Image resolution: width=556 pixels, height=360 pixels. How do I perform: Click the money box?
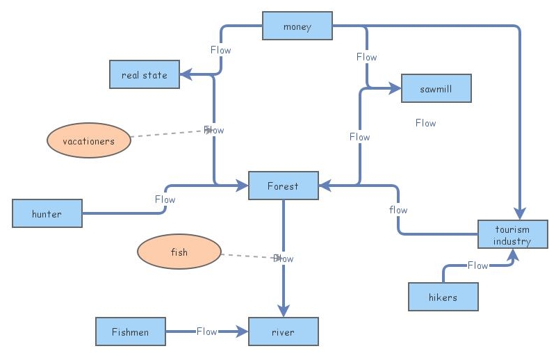(297, 26)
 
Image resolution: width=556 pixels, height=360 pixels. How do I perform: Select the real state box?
(145, 74)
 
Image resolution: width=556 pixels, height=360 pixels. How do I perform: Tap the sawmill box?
(436, 88)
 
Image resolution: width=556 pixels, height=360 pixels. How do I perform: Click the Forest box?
(283, 186)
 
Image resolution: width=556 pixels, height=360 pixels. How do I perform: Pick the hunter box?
(47, 213)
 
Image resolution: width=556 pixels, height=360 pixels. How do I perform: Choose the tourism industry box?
(512, 235)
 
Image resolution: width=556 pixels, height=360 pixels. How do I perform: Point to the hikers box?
(443, 297)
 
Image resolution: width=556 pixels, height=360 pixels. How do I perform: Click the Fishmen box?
(130, 332)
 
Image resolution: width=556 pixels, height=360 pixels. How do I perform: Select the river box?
(283, 332)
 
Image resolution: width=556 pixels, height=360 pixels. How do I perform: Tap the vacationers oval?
(88, 140)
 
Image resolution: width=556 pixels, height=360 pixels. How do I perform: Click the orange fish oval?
(179, 252)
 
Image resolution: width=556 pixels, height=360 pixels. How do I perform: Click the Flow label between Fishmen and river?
(206, 332)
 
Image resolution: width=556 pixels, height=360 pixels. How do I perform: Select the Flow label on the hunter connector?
(165, 199)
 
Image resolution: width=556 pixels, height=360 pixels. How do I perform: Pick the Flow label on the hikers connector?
(477, 265)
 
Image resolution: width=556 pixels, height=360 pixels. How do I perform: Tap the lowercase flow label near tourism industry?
(398, 210)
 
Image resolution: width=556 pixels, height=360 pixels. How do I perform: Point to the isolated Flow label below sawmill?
(425, 123)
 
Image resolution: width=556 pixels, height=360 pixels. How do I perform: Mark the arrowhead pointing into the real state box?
(186, 74)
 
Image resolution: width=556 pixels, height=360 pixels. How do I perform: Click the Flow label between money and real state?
(220, 50)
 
